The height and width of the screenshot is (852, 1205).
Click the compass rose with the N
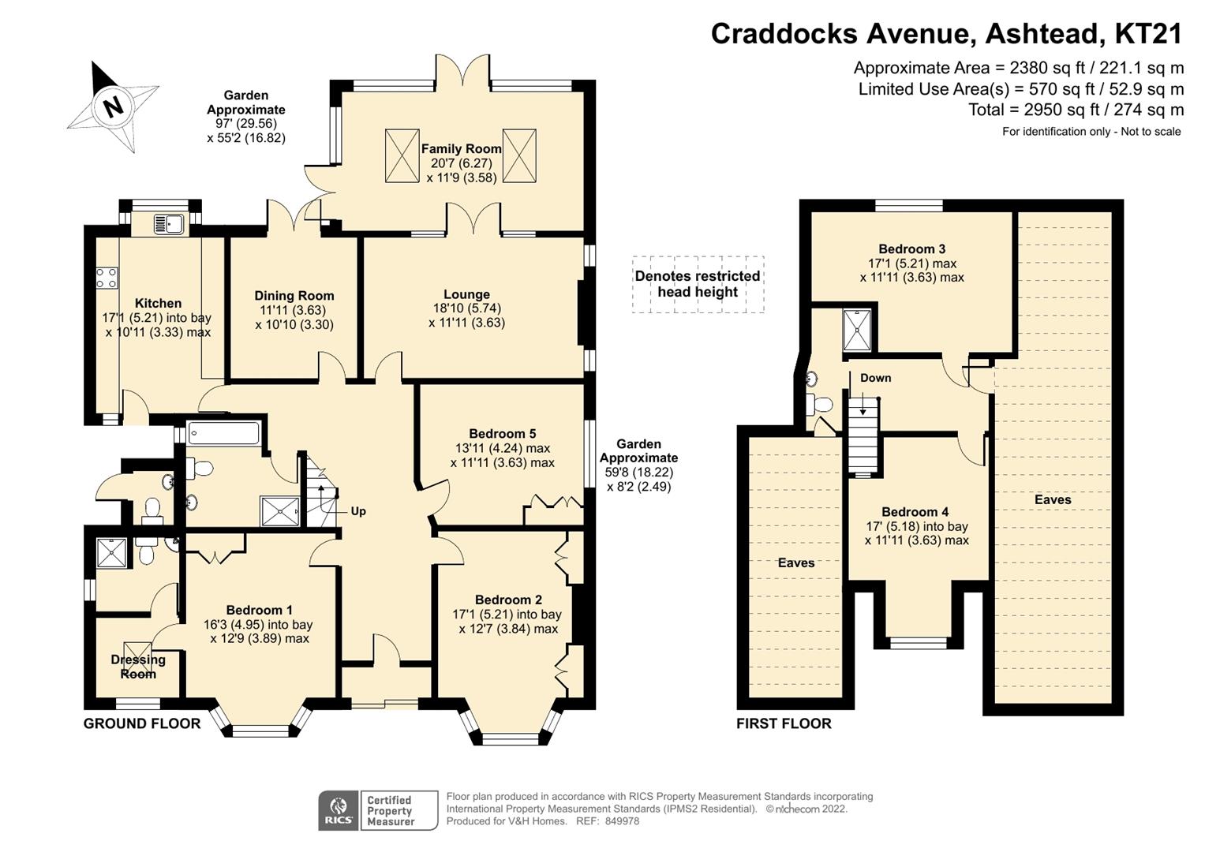pyautogui.click(x=113, y=106)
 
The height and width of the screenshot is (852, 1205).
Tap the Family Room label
pyautogui.click(x=461, y=148)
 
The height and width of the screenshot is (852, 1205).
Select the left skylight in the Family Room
pyautogui.click(x=402, y=155)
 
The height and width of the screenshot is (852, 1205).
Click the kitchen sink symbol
pyautogui.click(x=168, y=224)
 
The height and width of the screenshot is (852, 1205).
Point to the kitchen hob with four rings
pyautogui.click(x=107, y=278)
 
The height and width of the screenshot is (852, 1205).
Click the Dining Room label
pyautogui.click(x=294, y=296)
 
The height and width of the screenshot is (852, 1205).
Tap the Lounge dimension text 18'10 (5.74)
pyautogui.click(x=466, y=308)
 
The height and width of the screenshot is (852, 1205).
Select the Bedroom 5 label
pyautogui.click(x=502, y=433)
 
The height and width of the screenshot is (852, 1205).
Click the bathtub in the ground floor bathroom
pyautogui.click(x=223, y=434)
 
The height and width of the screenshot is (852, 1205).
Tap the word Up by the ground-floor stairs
pyautogui.click(x=358, y=511)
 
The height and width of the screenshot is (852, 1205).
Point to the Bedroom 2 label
pyautogui.click(x=508, y=600)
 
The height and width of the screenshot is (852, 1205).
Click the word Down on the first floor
pyautogui.click(x=875, y=378)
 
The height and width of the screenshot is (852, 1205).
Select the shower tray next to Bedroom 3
pyautogui.click(x=857, y=331)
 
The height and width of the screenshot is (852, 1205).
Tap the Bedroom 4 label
pyautogui.click(x=915, y=512)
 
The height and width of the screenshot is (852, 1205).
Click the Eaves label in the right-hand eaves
pyautogui.click(x=1053, y=499)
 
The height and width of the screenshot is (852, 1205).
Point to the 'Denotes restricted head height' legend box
pyautogui.click(x=698, y=284)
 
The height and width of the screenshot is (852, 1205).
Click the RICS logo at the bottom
pyautogui.click(x=338, y=811)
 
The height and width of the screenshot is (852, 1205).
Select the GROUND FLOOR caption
pyautogui.click(x=142, y=723)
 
